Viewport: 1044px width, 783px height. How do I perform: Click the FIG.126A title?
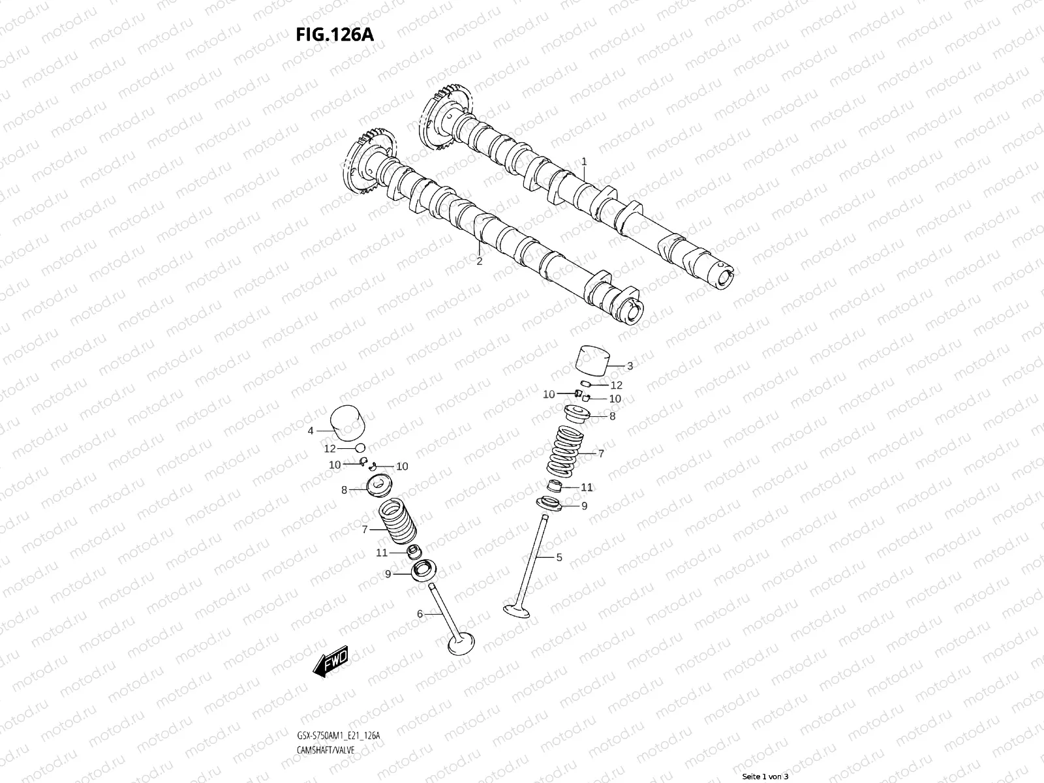(x=335, y=35)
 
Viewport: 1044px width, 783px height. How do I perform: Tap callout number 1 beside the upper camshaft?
(x=584, y=161)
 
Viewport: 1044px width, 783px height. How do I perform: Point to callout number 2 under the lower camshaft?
(x=479, y=262)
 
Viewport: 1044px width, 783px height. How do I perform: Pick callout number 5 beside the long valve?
(x=559, y=557)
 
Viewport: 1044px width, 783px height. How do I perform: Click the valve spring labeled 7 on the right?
(x=566, y=452)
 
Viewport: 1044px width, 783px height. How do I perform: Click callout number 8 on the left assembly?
(x=344, y=490)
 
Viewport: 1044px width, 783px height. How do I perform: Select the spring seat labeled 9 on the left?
(x=423, y=572)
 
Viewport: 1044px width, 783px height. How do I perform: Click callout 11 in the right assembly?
(x=587, y=487)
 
